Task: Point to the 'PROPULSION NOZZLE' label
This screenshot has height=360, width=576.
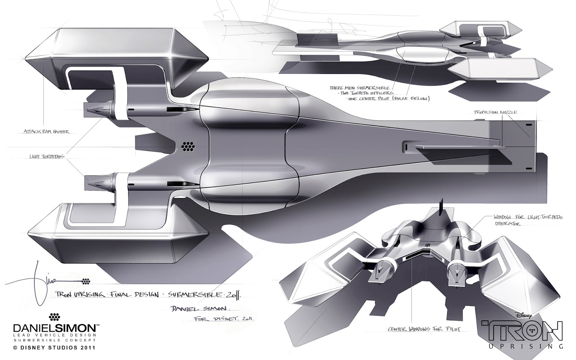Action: coord(495,112)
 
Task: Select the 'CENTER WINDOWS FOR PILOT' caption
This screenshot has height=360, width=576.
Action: coord(423,329)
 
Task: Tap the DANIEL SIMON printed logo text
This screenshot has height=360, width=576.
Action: coord(54,328)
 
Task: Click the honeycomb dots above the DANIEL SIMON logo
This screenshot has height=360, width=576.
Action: coord(54,317)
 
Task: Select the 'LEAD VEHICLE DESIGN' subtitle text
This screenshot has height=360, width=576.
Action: coord(54,336)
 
